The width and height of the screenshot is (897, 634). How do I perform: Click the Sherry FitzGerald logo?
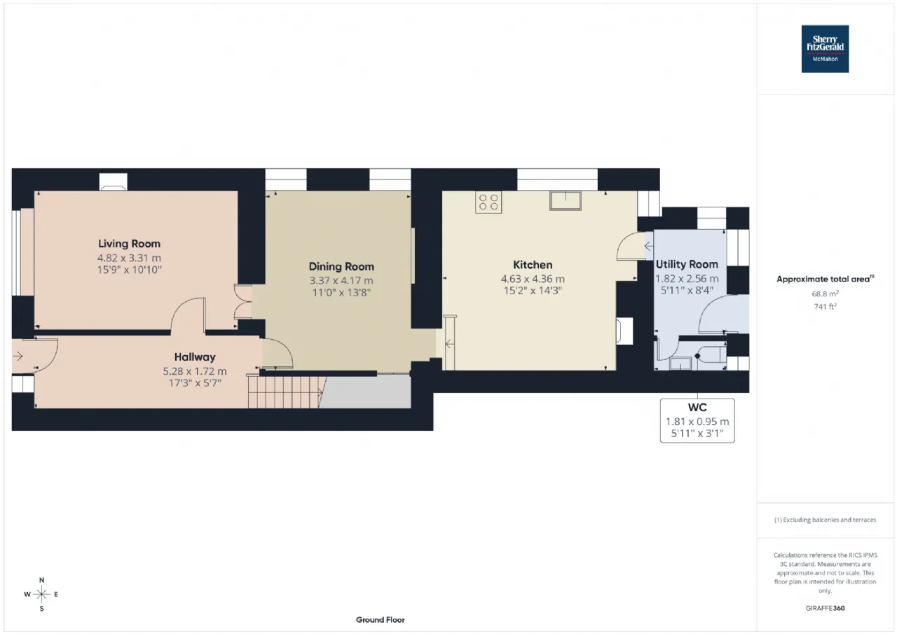[x=825, y=49]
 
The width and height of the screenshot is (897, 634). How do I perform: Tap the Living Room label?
[x=130, y=243]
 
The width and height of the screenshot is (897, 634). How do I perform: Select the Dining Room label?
[x=341, y=266]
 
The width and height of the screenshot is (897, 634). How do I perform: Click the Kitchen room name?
[x=533, y=265]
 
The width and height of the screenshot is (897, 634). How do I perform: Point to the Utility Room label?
[x=687, y=264]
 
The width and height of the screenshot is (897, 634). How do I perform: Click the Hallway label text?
[x=195, y=357]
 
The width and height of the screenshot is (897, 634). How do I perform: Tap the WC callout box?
[x=697, y=420]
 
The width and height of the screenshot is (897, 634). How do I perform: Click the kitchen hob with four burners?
[x=488, y=202]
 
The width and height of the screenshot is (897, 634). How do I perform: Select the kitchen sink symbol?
[x=566, y=200]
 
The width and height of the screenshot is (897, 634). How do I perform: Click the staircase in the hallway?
[x=287, y=392]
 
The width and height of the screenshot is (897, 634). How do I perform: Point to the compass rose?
[x=41, y=594]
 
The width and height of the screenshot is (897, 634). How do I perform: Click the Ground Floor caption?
[x=380, y=619]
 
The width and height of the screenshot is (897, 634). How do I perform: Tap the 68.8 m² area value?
[x=825, y=294]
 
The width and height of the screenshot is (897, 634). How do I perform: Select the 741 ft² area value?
[x=825, y=306]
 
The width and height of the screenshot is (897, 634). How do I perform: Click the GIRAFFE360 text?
[x=825, y=608]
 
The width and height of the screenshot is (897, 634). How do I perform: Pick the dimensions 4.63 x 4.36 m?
[x=533, y=279]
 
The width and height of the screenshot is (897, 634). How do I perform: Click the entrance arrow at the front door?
[x=18, y=356]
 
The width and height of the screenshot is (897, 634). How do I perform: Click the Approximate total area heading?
[x=825, y=279]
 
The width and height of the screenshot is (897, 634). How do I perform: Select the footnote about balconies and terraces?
[x=825, y=520]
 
